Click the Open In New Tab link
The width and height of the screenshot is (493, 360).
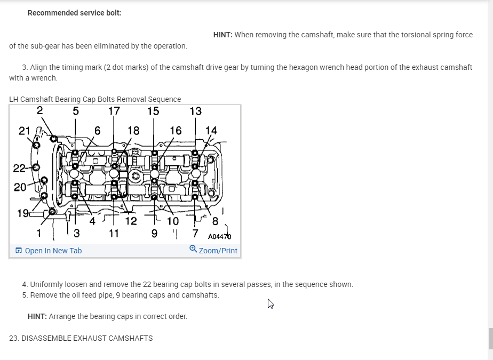pyautogui.click(x=53, y=251)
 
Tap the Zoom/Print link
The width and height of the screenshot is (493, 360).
pyautogui.click(x=218, y=251)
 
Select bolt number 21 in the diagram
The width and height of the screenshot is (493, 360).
pyautogui.click(x=25, y=131)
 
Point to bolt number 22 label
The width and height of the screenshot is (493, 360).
pyautogui.click(x=19, y=169)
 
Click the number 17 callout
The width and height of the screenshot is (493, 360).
pyautogui.click(x=114, y=111)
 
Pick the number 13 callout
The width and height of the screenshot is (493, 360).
pyautogui.click(x=196, y=111)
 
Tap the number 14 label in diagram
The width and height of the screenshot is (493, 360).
pyautogui.click(x=211, y=130)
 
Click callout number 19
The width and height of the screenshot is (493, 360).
pyautogui.click(x=23, y=214)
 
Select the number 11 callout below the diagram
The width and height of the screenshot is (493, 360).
pyautogui.click(x=114, y=233)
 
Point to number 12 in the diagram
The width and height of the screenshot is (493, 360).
pyautogui.click(x=131, y=221)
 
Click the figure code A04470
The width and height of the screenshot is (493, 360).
pyautogui.click(x=219, y=236)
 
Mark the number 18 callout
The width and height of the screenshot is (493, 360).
pyautogui.click(x=133, y=130)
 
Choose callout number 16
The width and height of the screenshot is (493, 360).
pyautogui.click(x=176, y=130)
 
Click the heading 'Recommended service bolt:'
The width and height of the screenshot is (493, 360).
pyautogui.click(x=74, y=13)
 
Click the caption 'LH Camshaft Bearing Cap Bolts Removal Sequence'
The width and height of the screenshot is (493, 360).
pyautogui.click(x=95, y=99)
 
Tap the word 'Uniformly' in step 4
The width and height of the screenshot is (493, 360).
pyautogui.click(x=47, y=284)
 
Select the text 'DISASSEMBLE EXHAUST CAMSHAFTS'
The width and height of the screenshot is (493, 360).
pyautogui.click(x=87, y=338)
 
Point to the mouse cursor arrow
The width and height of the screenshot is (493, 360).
pyautogui.click(x=271, y=303)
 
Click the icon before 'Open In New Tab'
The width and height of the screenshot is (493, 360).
pyautogui.click(x=19, y=251)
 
